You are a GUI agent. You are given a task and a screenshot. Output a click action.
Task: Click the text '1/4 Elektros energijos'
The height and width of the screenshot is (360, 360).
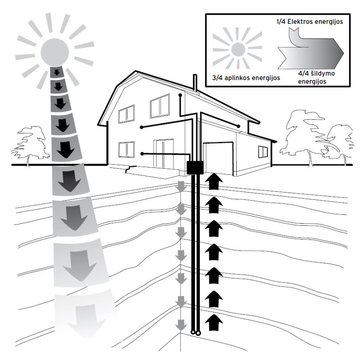[305, 21]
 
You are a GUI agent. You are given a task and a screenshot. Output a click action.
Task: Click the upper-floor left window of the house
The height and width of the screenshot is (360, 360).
[126, 114]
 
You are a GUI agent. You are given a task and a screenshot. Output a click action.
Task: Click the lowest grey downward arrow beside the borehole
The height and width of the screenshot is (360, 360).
[181, 324]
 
